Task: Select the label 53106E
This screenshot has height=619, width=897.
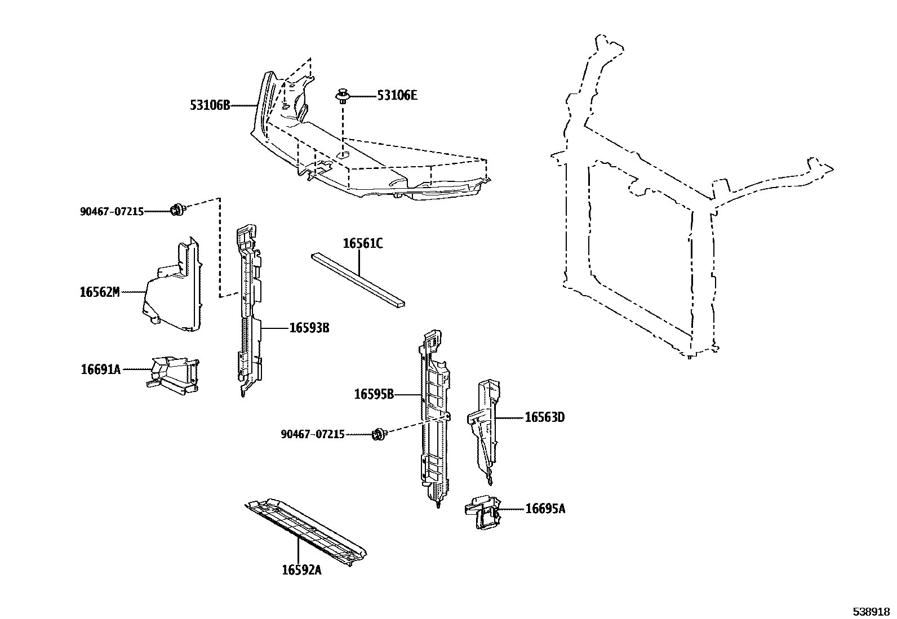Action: [x=397, y=96]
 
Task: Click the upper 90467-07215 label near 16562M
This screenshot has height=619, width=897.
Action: [x=112, y=212]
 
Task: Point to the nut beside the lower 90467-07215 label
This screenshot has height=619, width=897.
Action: [x=380, y=434]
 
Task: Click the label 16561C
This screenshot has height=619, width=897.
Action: [x=362, y=243]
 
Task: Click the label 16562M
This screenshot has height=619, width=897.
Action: [x=100, y=292]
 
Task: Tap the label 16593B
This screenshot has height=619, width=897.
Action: [x=309, y=328]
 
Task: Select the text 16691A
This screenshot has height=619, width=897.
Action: [x=100, y=369]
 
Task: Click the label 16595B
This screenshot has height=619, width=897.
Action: [x=374, y=394]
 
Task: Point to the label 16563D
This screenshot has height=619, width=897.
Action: [x=544, y=417]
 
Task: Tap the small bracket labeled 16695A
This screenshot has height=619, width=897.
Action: [x=483, y=511]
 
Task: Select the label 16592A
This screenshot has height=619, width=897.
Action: [x=301, y=570]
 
